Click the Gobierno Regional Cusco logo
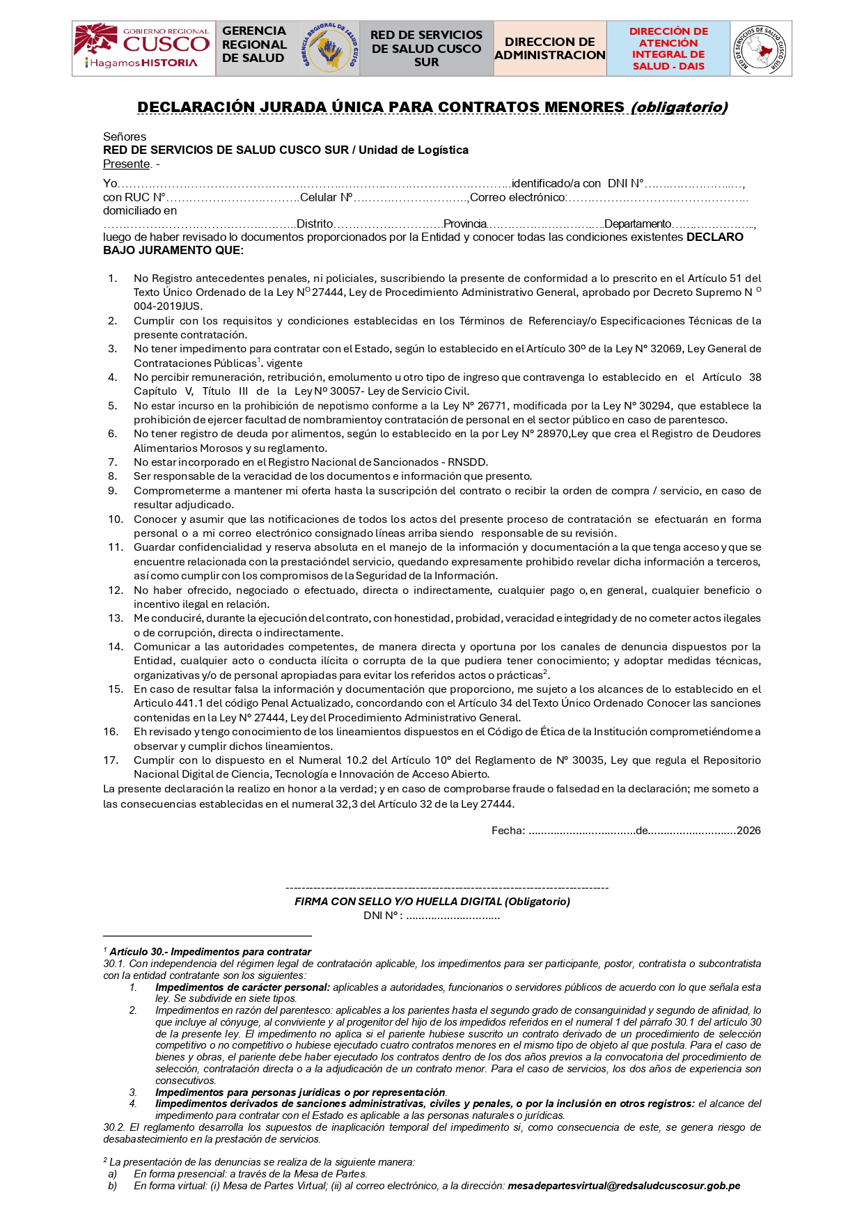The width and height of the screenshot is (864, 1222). pos(143,48)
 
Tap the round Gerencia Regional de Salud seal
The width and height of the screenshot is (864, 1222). pos(330,49)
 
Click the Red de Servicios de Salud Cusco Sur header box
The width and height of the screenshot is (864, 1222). pos(426,48)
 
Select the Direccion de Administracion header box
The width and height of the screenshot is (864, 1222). pos(550,48)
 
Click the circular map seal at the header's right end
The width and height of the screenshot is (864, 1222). pos(760,49)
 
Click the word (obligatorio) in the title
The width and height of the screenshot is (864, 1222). pos(679,107)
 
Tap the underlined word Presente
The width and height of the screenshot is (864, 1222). pos(127,164)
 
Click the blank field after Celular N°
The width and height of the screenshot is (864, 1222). pos(411,198)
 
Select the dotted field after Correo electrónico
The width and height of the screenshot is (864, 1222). pos(658,198)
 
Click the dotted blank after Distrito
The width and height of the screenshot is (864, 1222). pos(388,224)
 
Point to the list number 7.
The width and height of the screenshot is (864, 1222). pos(113,462)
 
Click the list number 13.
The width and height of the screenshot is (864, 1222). pos(116,618)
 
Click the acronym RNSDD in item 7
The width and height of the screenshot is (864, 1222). pos(468,462)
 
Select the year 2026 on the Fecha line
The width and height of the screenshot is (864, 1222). pos(748,831)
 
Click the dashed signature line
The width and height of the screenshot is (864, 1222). pos(447,888)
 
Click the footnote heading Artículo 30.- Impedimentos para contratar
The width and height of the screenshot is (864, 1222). pos(210,952)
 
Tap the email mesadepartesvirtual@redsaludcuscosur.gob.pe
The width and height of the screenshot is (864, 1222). pos(624,1186)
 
